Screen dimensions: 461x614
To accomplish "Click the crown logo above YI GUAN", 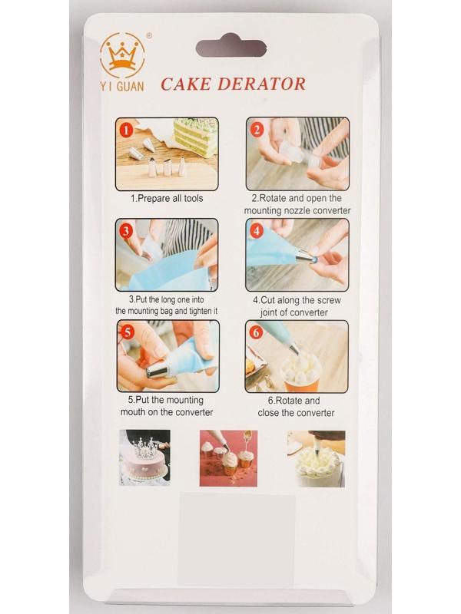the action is pos(122,56).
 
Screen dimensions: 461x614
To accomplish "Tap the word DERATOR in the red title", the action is pos(261,84).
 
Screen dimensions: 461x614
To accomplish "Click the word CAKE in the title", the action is pos(186,84).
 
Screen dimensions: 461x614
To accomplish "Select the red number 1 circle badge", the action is pos(126,130).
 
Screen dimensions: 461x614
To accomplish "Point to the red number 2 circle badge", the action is pos(257,129).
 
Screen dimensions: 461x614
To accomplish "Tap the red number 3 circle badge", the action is pos(126,231).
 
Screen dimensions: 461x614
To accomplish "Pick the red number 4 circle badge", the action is pos(257,231).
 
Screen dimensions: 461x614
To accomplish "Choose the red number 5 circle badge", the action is pos(128,332).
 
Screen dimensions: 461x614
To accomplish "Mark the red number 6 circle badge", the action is pos(256,332).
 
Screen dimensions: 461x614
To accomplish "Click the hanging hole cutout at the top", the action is pos(231,47).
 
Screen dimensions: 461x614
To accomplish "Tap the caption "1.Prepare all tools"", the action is pos(167,199).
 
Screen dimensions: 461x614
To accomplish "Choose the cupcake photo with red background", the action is pos(228,458).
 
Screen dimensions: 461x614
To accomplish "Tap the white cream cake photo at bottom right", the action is pos(316,459).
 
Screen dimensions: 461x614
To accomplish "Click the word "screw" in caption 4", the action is pos(329,300).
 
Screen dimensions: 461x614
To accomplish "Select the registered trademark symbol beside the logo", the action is pos(149,35).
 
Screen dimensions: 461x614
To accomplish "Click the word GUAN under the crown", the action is pos(130,86).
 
